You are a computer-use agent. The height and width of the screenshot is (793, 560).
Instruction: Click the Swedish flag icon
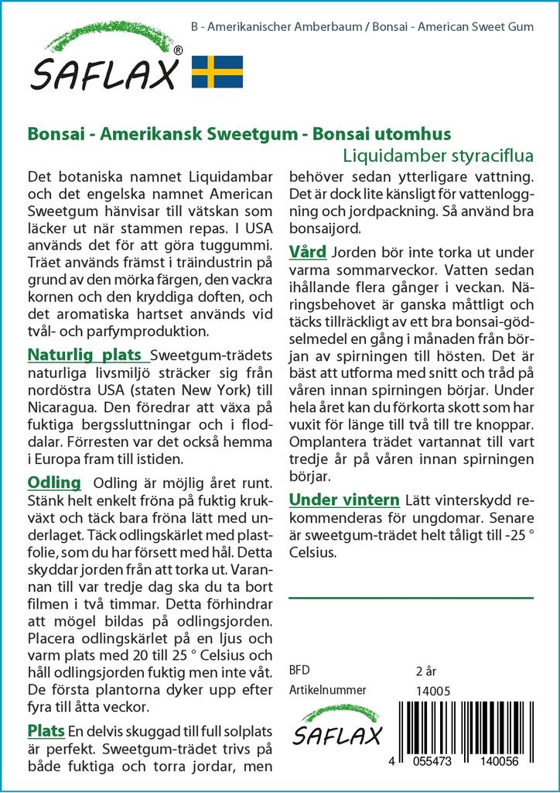coord(217,71)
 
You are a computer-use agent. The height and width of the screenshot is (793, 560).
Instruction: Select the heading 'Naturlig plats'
coord(88,355)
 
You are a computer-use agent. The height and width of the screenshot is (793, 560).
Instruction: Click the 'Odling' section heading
coord(54,482)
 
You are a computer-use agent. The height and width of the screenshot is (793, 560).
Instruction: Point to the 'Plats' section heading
coord(46,730)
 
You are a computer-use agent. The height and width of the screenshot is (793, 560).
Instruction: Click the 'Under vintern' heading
coord(343,499)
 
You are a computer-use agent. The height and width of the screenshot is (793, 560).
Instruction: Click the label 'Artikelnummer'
coord(327,691)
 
